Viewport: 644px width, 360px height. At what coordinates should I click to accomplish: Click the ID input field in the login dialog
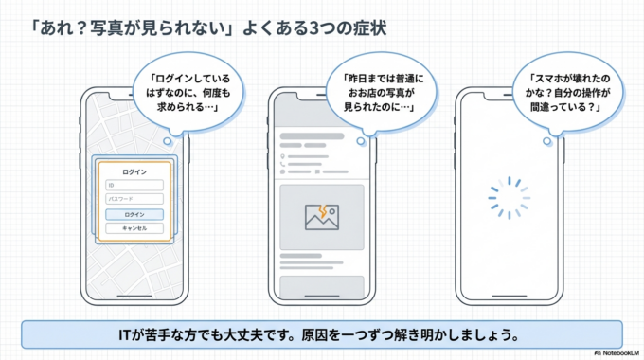coord(134,185)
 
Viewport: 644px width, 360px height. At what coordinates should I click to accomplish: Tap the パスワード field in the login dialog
coord(134,199)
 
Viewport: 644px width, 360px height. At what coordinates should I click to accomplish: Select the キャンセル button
coord(134,228)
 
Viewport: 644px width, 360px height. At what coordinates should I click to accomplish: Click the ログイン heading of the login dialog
coord(134,171)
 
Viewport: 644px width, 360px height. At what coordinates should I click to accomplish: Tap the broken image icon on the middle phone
coord(321,216)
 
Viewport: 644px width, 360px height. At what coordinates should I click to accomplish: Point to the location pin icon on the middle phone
coord(283,155)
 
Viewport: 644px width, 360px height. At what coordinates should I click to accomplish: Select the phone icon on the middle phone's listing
coord(283,173)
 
